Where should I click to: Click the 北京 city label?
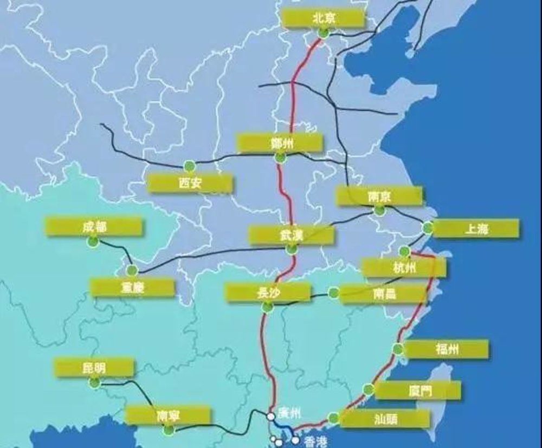point(324,18)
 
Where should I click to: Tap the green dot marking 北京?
point(324,33)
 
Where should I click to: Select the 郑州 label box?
point(280,143)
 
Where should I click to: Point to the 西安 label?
point(190,183)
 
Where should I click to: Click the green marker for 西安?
point(189,165)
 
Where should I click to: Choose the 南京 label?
point(379,196)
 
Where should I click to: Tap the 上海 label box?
point(476,228)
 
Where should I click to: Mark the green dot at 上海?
point(428,227)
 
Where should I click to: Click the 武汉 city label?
point(291,235)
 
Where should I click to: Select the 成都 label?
point(94,226)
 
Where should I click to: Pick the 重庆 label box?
point(133,287)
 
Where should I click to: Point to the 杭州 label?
point(404,267)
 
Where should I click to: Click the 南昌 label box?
point(385,294)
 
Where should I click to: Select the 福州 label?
point(446,349)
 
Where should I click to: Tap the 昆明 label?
point(94,368)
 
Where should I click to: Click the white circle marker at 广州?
point(270,416)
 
